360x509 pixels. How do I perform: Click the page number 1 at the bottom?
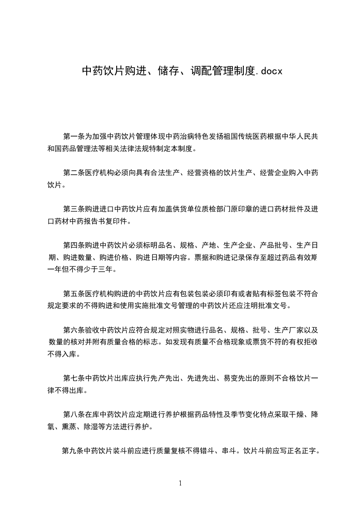point(180,483)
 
